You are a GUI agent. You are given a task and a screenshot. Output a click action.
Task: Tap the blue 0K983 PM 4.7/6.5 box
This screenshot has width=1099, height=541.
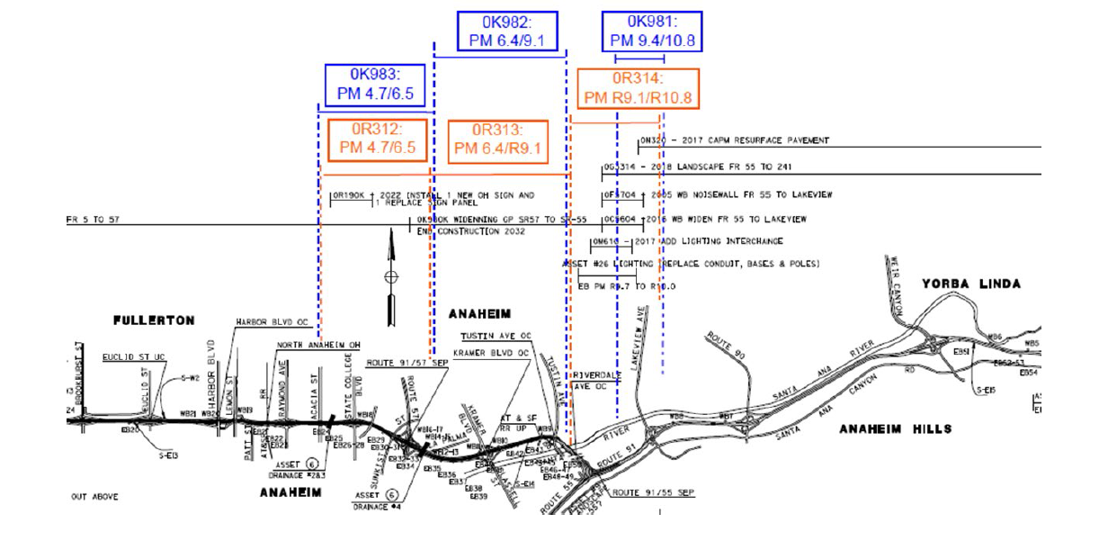tap(374, 85)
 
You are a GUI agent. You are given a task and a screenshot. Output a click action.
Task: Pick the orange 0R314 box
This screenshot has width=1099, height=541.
tap(638, 88)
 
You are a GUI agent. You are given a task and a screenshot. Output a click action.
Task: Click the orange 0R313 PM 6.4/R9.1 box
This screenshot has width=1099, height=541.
tap(498, 140)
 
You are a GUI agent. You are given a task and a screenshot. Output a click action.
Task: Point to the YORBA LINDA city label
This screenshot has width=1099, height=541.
tap(970, 284)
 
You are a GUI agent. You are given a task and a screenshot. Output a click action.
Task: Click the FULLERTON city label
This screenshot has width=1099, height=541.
tap(154, 320)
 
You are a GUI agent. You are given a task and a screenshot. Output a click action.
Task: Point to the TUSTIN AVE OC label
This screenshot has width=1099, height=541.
tap(490, 336)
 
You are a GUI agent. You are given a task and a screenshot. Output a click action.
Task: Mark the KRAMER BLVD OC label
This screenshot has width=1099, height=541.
tap(490, 353)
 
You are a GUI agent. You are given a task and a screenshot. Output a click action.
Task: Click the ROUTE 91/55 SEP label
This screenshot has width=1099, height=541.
tap(654, 492)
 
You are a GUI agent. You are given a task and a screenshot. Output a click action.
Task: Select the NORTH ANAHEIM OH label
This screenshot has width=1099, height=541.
tap(318, 345)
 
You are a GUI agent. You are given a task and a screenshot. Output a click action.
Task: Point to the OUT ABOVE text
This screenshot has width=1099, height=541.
tap(94, 496)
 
